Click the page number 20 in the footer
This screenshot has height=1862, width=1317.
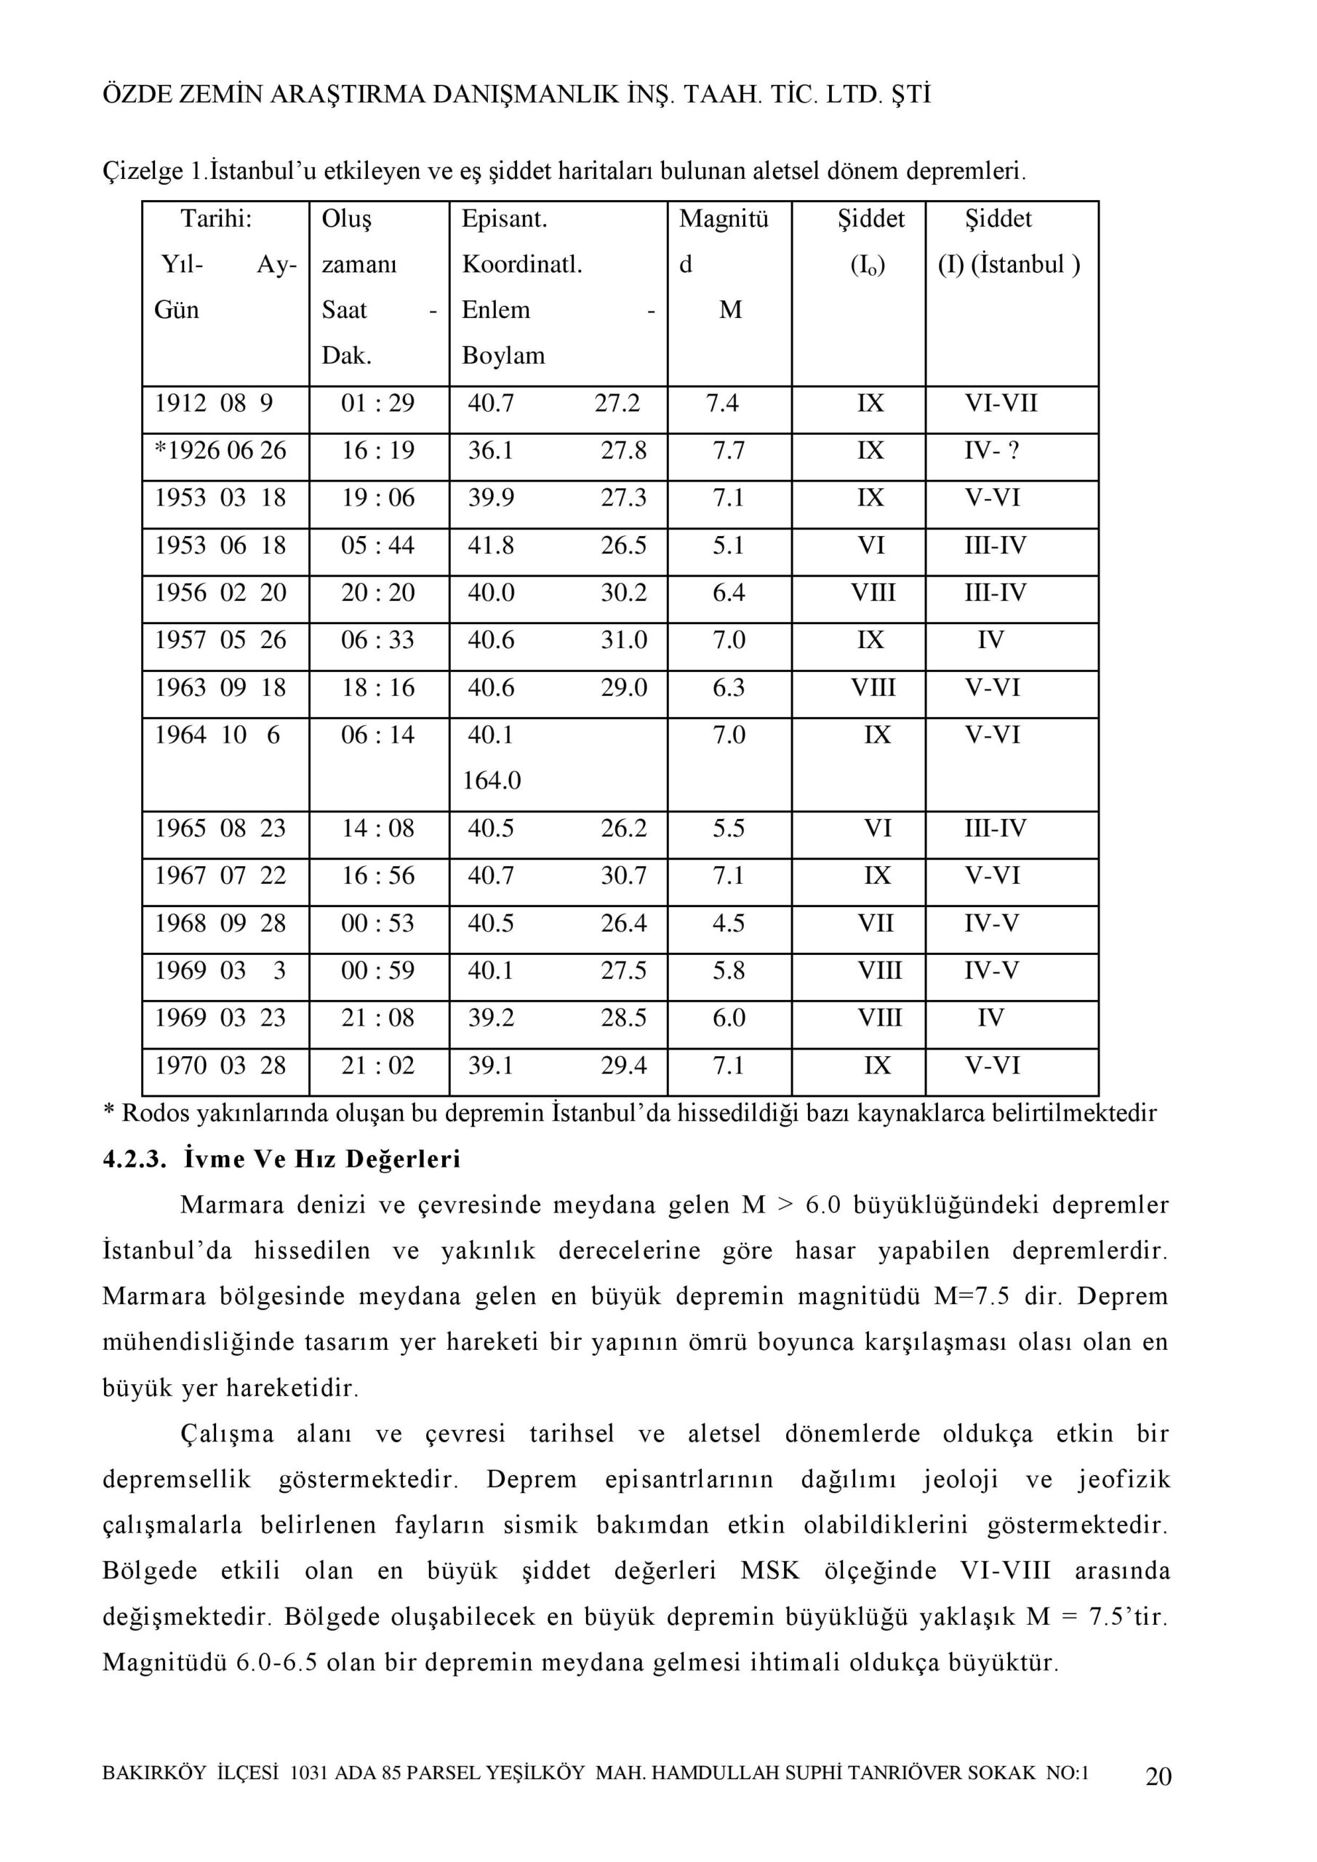pyautogui.click(x=1157, y=1776)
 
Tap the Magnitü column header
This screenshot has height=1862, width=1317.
pyautogui.click(x=724, y=219)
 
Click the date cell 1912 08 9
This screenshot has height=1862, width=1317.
pyautogui.click(x=214, y=403)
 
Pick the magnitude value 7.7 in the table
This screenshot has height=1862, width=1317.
pyautogui.click(x=728, y=450)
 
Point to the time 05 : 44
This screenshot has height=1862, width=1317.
pyautogui.click(x=378, y=545)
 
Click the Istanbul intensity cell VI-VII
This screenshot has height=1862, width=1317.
pyautogui.click(x=1001, y=403)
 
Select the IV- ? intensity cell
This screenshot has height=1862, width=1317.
pyautogui.click(x=991, y=450)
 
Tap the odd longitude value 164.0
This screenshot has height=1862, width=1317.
pyautogui.click(x=492, y=780)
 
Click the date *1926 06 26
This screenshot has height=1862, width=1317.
pyautogui.click(x=220, y=450)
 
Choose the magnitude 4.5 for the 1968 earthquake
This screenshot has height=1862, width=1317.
pyautogui.click(x=728, y=923)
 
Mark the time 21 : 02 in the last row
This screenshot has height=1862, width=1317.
pyautogui.click(x=378, y=1065)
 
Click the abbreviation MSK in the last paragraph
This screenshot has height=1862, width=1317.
pyautogui.click(x=769, y=1571)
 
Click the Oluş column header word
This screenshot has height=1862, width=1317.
pyautogui.click(x=346, y=219)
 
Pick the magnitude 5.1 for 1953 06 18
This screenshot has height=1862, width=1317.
pyautogui.click(x=728, y=545)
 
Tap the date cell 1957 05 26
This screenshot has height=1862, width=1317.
pyautogui.click(x=220, y=640)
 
